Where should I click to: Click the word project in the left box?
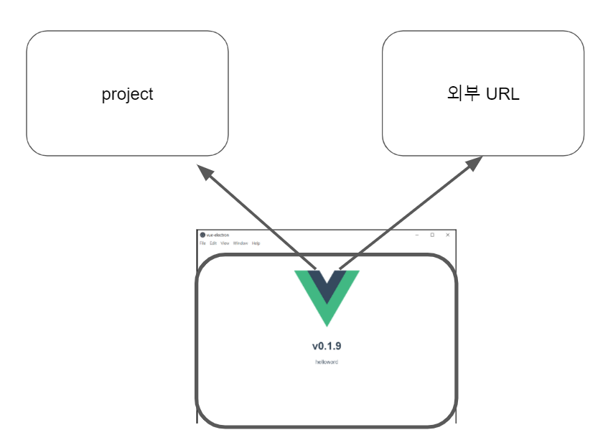pos(127,94)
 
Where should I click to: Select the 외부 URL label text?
pos(482,94)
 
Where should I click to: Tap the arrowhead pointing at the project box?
pos(205,172)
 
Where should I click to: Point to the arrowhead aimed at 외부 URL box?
pos(474,164)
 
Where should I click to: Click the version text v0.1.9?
pos(327,346)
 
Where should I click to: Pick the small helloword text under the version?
pos(327,362)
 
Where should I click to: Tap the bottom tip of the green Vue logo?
pos(327,322)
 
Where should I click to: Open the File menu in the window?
pos(202,243)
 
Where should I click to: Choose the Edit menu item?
pos(213,243)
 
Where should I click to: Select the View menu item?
pos(225,243)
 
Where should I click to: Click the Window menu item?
pos(240,243)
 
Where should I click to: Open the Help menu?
pos(256,243)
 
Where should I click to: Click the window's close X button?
pos(447,235)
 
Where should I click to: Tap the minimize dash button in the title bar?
pos(417,235)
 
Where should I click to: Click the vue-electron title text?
pos(218,235)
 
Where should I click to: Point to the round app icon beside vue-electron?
pos(202,235)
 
